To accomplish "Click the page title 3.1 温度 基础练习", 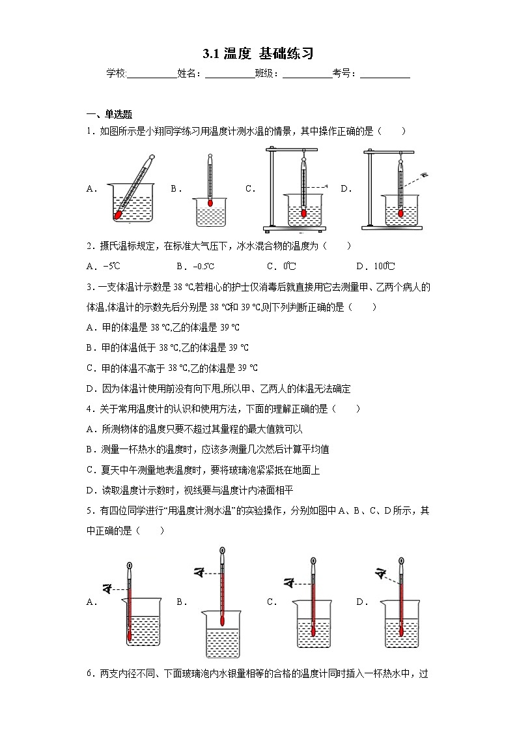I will tap(258, 53).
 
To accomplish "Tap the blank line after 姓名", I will tap(230, 74).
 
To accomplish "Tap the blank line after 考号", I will tap(385, 74).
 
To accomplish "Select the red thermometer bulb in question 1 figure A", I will tap(119, 213).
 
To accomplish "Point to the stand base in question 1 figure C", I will tap(293, 228).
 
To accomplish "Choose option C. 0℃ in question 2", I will tap(281, 266).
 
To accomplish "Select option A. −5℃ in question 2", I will tap(104, 266).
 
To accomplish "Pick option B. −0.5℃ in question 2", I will tap(195, 266).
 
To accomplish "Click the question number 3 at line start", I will tap(89, 287).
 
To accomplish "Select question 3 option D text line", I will tap(218, 389).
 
